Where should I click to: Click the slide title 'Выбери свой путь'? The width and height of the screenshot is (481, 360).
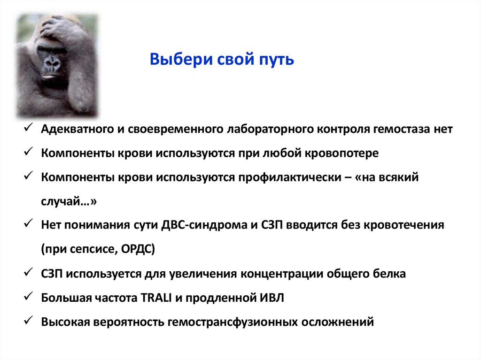click(222, 60)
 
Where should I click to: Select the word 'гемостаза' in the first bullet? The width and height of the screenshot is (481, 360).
click(401, 130)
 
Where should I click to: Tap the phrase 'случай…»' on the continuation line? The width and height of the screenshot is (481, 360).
click(69, 201)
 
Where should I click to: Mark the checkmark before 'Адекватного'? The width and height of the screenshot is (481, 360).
click(27, 129)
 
